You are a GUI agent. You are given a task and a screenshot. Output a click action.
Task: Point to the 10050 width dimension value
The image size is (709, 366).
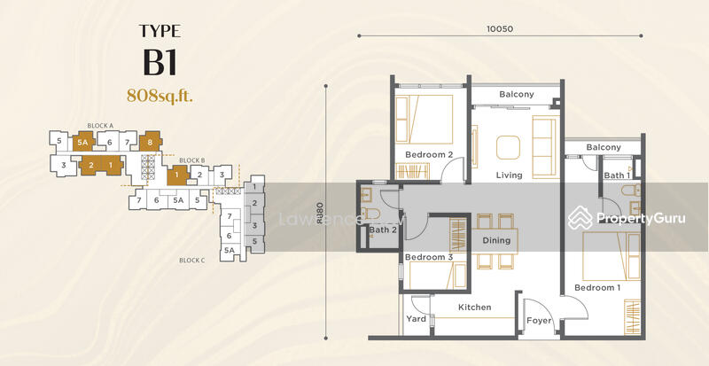pyautogui.click(x=500, y=28)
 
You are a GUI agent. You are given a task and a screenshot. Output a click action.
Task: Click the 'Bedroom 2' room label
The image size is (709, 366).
pyautogui.click(x=429, y=155)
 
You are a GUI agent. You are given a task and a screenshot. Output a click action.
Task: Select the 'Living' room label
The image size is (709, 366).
pyautogui.click(x=509, y=175)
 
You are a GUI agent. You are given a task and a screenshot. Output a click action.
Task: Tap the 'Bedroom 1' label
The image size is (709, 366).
pyautogui.click(x=596, y=288)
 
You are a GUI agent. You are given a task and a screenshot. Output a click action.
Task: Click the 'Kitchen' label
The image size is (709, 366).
pyautogui.click(x=474, y=307)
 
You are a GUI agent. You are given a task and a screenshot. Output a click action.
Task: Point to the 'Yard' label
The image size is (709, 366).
pyautogui.click(x=417, y=319)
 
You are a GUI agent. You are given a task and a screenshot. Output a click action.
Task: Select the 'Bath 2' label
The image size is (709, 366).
pyautogui.click(x=383, y=230)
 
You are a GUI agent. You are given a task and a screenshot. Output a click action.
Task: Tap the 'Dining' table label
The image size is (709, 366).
pyautogui.click(x=496, y=240)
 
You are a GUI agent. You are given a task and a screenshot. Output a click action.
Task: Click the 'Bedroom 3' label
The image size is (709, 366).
pyautogui.click(x=429, y=258)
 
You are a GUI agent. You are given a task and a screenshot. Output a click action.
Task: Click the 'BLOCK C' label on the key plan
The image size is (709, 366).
pyautogui.click(x=192, y=261)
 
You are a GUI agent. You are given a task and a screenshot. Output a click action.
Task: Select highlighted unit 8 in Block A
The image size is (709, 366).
pyautogui.click(x=151, y=142)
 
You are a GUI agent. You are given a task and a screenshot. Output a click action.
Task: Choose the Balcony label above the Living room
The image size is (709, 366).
pyautogui.click(x=516, y=95)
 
